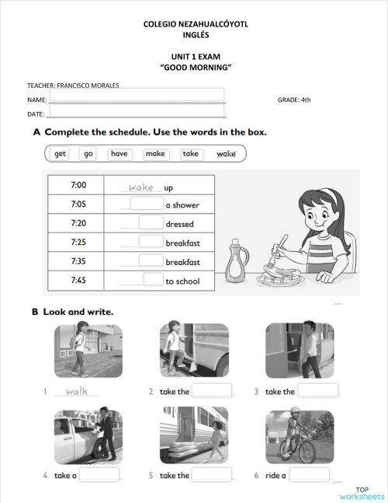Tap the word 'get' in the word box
[x=61, y=154]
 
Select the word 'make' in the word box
[x=155, y=154]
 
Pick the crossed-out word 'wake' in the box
[x=226, y=154]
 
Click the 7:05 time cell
[x=78, y=204]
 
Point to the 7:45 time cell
[x=78, y=280]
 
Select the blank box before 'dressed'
[x=151, y=222]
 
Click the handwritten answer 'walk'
[x=78, y=391]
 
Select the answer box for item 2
[x=212, y=390]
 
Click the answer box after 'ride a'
[x=310, y=474]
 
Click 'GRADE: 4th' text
[x=294, y=100]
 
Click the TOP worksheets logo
[x=362, y=493]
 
